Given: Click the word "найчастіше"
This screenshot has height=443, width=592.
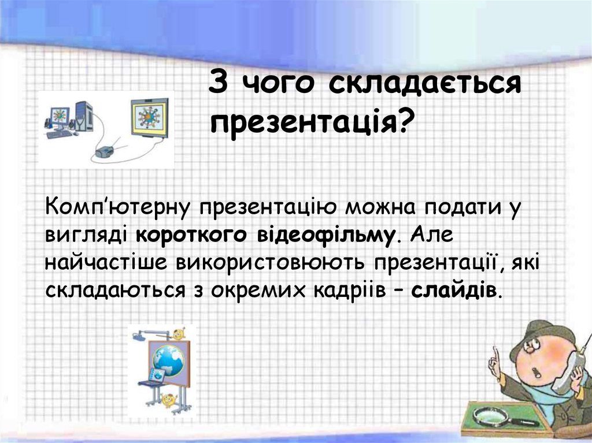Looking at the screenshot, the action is coord(106,263).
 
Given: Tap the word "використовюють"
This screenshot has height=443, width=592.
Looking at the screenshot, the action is coord(271,263).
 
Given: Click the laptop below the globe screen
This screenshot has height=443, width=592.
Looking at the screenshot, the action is coord(153,377).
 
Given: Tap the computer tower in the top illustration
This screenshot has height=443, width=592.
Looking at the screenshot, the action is coord(83,116).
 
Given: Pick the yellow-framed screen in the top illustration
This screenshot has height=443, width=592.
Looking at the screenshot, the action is coord(150,117).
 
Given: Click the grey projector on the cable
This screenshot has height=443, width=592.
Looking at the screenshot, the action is coord(104,152).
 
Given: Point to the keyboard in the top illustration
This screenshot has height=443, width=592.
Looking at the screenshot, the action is coord(59,134).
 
